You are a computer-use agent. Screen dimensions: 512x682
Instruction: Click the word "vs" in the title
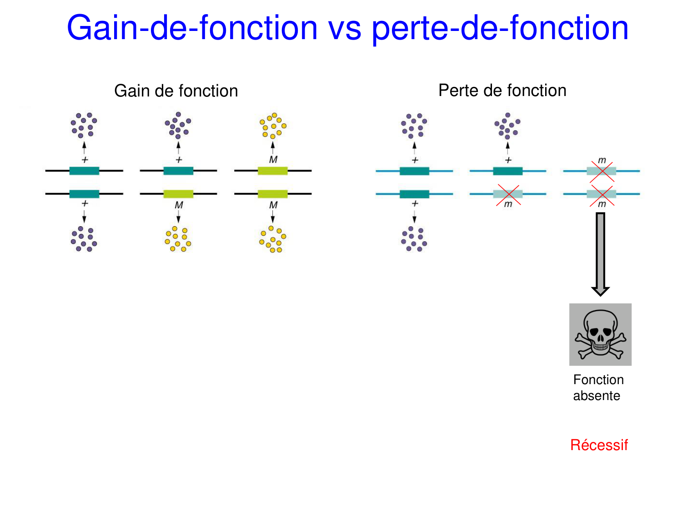click(x=345, y=28)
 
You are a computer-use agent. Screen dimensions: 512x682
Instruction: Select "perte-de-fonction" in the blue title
click(x=500, y=28)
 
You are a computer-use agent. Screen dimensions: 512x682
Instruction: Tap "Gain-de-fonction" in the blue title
click(x=192, y=28)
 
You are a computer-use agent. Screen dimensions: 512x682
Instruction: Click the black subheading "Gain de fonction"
click(x=176, y=91)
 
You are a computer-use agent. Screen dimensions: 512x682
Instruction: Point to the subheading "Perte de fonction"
click(x=502, y=91)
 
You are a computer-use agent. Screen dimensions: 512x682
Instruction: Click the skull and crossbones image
click(x=600, y=335)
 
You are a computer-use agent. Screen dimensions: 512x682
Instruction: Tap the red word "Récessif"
click(x=599, y=445)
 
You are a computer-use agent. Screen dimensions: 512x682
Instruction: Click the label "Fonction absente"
click(x=598, y=387)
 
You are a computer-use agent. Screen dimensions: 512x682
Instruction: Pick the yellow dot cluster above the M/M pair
click(x=273, y=126)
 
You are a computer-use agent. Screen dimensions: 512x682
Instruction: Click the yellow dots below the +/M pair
click(x=178, y=239)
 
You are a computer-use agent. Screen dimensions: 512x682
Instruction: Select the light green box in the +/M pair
click(x=178, y=194)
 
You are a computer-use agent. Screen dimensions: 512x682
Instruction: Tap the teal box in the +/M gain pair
click(x=178, y=171)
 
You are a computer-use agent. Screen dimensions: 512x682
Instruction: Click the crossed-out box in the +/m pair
click(x=508, y=194)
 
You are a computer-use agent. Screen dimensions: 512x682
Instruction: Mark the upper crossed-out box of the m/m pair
click(x=601, y=171)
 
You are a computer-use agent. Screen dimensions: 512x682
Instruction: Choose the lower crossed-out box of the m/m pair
click(x=601, y=194)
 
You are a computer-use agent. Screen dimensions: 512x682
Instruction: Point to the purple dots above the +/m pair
click(x=507, y=126)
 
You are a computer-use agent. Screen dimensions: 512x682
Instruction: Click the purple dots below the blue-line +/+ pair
click(x=414, y=239)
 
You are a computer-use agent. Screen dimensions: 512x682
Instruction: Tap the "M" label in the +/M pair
click(x=179, y=205)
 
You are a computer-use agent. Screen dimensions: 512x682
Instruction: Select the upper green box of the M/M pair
click(x=273, y=171)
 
